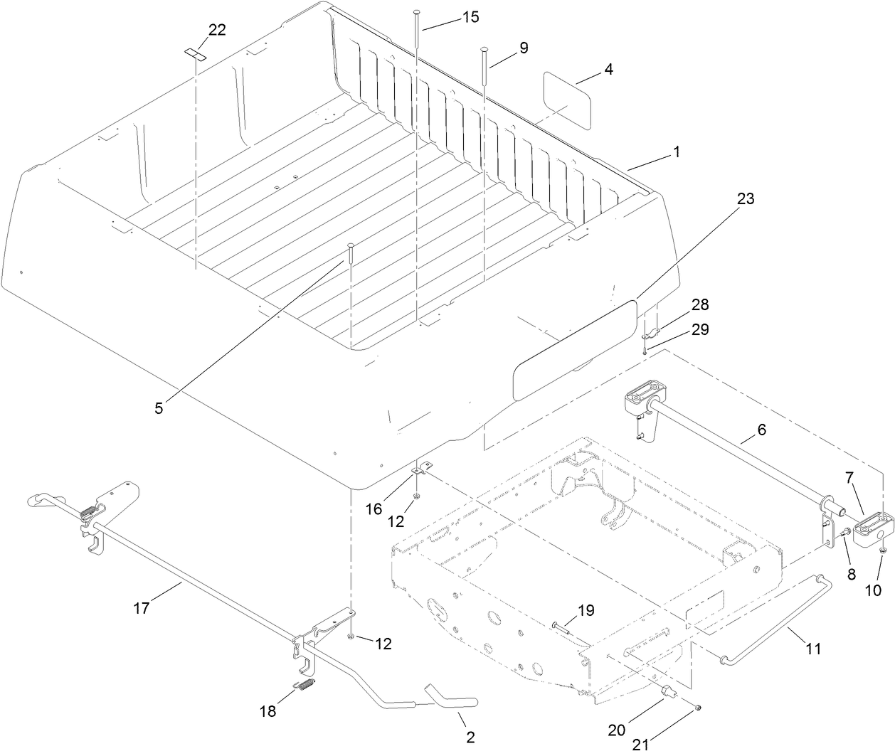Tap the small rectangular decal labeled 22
[195, 53]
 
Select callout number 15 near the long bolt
[470, 16]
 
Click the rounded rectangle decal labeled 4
[568, 100]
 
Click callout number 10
[873, 590]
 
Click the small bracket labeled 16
[421, 469]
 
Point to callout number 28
[700, 304]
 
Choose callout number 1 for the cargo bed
[677, 151]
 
